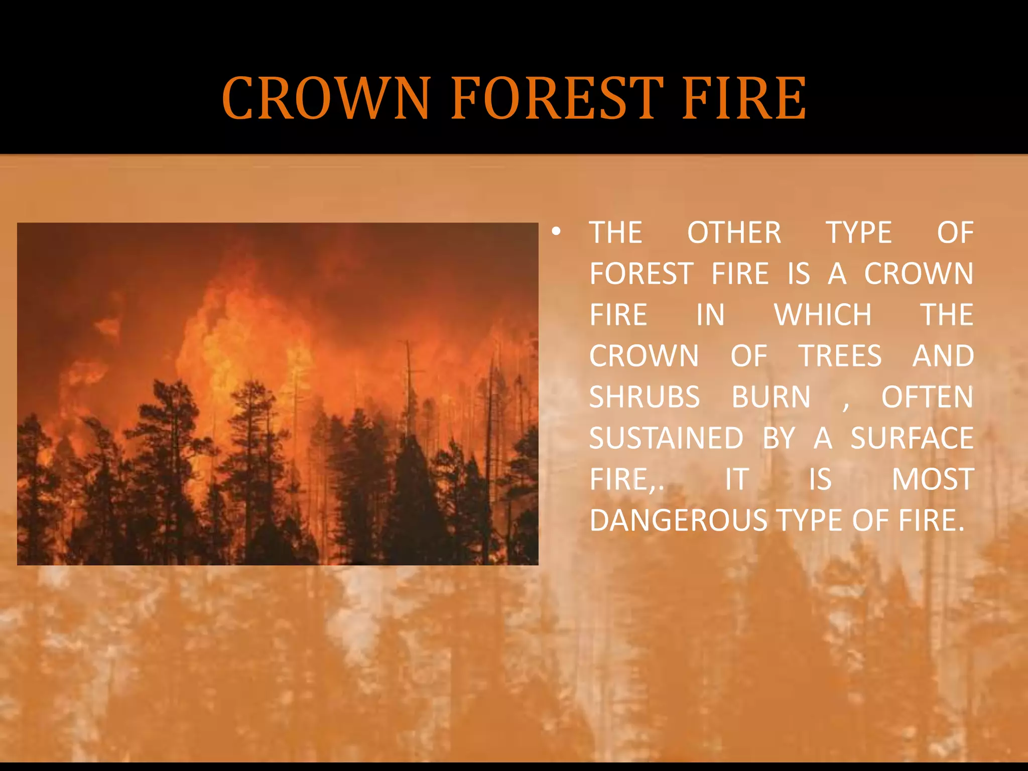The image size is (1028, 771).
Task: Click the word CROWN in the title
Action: pyautogui.click(x=326, y=98)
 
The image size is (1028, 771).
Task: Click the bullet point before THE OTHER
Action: pyautogui.click(x=555, y=232)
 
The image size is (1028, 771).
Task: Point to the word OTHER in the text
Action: pyautogui.click(x=734, y=233)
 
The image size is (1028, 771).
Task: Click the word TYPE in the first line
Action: pyautogui.click(x=859, y=233)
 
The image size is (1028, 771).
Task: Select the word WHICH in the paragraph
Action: pyautogui.click(x=823, y=315)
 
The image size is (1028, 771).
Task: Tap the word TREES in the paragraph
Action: pyautogui.click(x=840, y=356)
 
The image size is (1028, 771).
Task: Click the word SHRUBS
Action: pyautogui.click(x=645, y=398)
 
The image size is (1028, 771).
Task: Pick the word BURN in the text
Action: pyautogui.click(x=771, y=398)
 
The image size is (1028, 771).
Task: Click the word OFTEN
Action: pyautogui.click(x=927, y=398)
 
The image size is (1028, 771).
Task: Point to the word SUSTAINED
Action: pyautogui.click(x=666, y=439)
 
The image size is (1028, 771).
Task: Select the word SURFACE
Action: pyautogui.click(x=912, y=439)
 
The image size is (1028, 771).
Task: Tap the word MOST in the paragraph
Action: pyautogui.click(x=933, y=480)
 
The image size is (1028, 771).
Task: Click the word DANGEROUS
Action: pyautogui.click(x=678, y=521)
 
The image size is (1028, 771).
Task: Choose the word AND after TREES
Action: pyautogui.click(x=943, y=356)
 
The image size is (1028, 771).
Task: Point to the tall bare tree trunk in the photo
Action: pyautogui.click(x=408, y=381)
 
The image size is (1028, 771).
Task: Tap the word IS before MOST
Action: pyautogui.click(x=820, y=480)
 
